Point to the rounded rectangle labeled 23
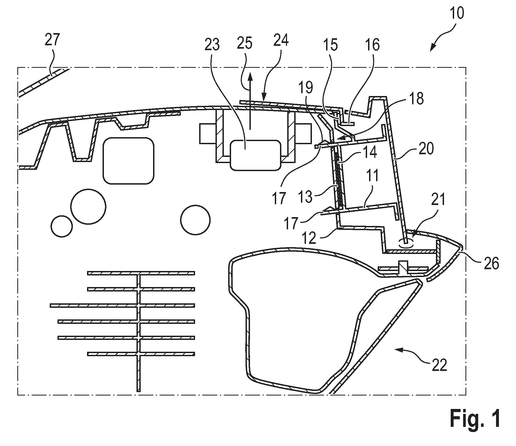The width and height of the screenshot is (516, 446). (x=255, y=155)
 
